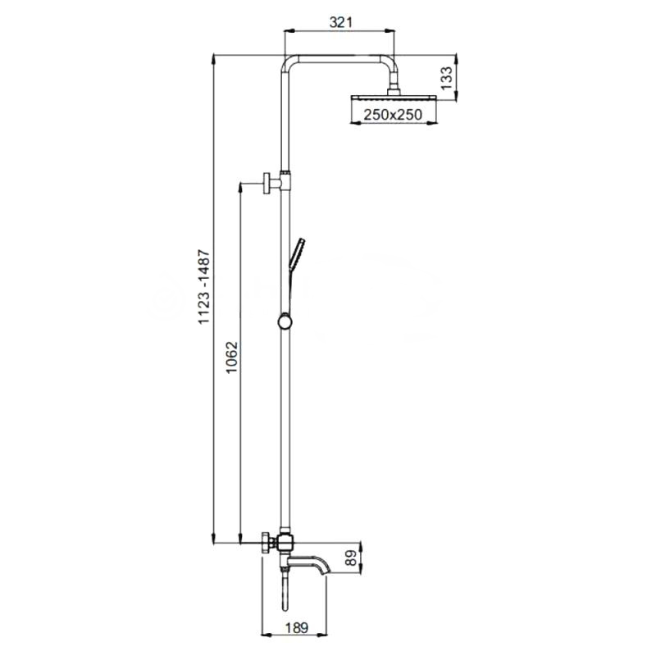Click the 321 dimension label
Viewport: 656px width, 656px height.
340,22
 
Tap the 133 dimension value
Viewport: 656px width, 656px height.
447,78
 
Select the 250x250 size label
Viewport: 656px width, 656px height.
393,114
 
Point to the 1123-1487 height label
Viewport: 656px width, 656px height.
203,286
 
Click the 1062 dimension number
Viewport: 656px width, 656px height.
231,358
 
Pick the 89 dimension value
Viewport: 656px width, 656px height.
352,558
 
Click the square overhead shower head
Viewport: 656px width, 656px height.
394,98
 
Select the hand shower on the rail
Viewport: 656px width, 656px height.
296,254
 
